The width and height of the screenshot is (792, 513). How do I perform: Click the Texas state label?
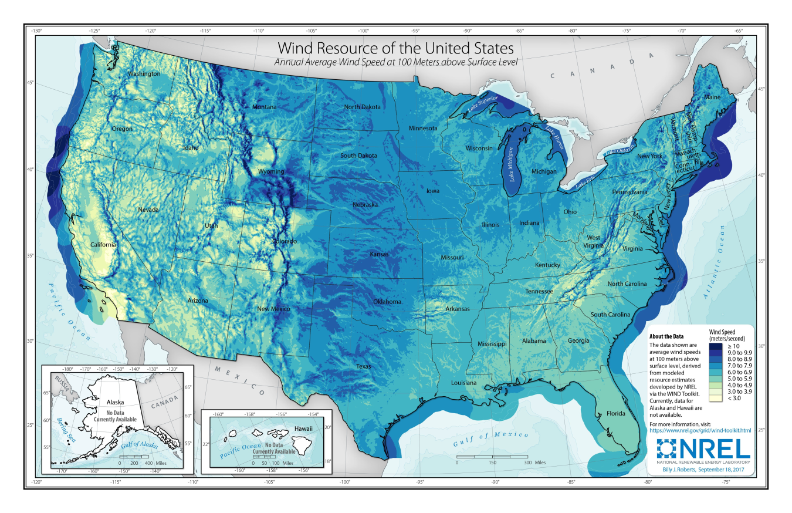[x=363, y=366]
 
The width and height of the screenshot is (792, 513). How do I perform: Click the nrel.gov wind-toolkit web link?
[x=700, y=430]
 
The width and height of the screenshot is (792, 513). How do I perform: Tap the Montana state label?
[x=264, y=107]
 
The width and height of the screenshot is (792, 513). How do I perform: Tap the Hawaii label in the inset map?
[x=304, y=428]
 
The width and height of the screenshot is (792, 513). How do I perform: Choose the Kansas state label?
[x=379, y=255]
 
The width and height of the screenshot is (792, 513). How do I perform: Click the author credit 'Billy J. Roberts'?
[x=687, y=471]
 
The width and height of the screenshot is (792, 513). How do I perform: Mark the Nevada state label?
[x=148, y=210]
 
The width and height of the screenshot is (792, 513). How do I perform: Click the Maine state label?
[x=712, y=97]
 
